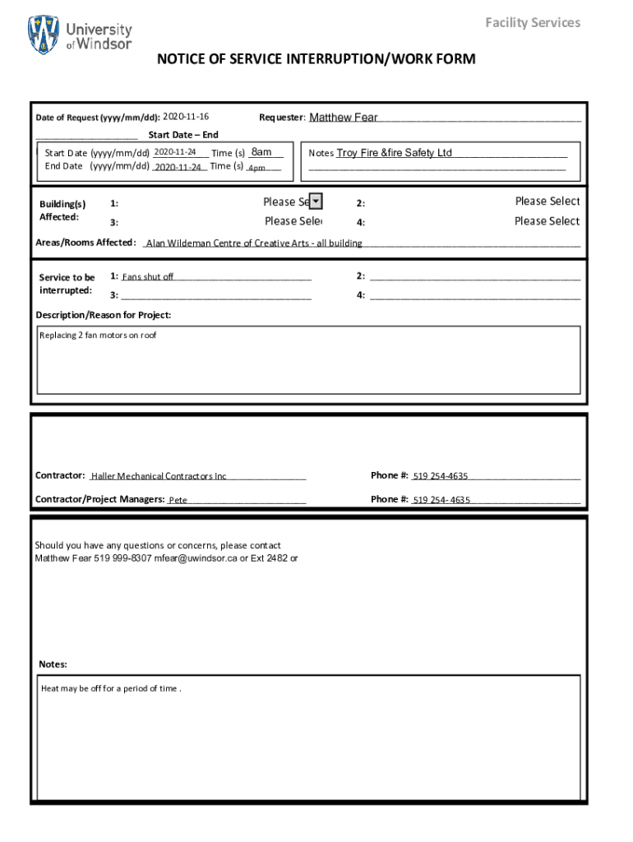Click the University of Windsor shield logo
[x=44, y=35]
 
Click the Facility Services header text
[x=532, y=22]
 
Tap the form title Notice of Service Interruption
[x=316, y=59]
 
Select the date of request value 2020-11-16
[x=186, y=117]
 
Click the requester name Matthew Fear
[x=344, y=118]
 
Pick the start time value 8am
[x=261, y=152]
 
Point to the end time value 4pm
[x=256, y=168]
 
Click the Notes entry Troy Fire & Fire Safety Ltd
[x=395, y=153]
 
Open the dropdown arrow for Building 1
[x=316, y=201]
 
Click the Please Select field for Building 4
[x=547, y=221]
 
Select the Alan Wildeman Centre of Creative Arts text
[x=254, y=243]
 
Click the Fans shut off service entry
[x=148, y=277]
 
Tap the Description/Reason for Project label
[x=104, y=316]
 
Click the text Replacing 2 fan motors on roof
[x=99, y=335]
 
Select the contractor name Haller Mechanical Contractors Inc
[x=159, y=476]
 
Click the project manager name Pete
[x=178, y=500]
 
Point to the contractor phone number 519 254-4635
[x=441, y=476]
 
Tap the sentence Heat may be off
[x=111, y=688]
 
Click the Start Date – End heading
[x=183, y=135]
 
